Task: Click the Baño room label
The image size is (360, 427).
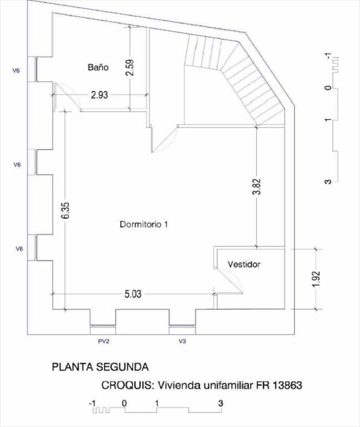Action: [98, 67]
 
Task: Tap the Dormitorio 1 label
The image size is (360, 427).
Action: [144, 225]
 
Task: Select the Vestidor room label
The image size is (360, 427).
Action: [244, 264]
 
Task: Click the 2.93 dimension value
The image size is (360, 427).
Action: [100, 95]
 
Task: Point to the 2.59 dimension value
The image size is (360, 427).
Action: [131, 67]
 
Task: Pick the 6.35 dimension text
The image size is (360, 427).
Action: [66, 210]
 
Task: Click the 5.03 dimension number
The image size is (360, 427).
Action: [133, 294]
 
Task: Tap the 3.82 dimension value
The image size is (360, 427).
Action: [257, 187]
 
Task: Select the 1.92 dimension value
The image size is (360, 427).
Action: [317, 279]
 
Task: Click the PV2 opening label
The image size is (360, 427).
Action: [104, 341]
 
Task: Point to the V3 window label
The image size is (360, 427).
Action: [183, 341]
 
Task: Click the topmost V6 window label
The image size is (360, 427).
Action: [16, 71]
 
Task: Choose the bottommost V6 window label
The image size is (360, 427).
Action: [19, 249]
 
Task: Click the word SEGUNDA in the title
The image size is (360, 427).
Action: [122, 367]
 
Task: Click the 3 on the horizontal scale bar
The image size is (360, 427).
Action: [221, 403]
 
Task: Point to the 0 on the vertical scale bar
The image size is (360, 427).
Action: [329, 88]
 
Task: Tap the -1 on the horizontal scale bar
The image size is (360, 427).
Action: [92, 403]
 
